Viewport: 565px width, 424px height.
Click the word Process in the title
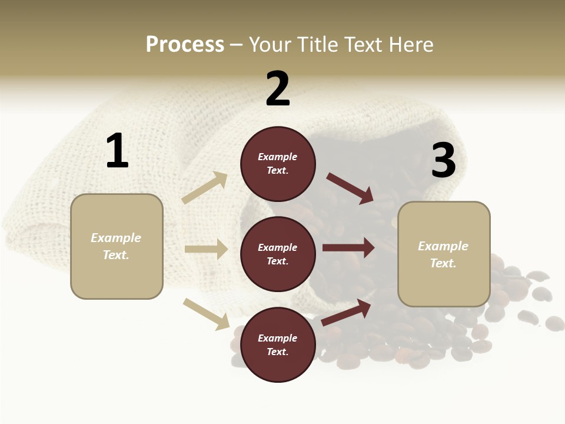(x=185, y=45)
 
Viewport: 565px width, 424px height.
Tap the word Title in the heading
(x=317, y=45)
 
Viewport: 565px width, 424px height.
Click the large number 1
(x=117, y=151)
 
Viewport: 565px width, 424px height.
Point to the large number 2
(x=278, y=89)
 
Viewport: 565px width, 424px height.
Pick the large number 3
(x=444, y=160)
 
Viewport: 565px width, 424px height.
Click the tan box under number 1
(x=117, y=246)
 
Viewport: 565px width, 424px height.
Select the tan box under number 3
(x=444, y=254)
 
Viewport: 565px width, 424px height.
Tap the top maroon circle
(x=278, y=164)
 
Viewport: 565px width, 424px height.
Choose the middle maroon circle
(x=278, y=254)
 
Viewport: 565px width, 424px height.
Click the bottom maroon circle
(x=278, y=345)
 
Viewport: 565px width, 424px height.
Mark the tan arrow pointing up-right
(x=205, y=188)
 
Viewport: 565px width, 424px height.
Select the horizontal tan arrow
(x=206, y=249)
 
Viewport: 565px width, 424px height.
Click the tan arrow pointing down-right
(x=206, y=313)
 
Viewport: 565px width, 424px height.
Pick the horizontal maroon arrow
(x=348, y=248)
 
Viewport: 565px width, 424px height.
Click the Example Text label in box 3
(x=443, y=254)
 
